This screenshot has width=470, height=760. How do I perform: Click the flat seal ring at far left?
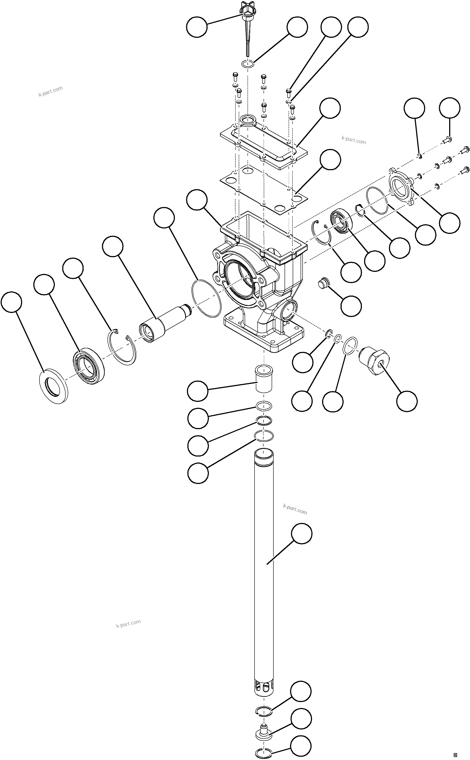[54, 386]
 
